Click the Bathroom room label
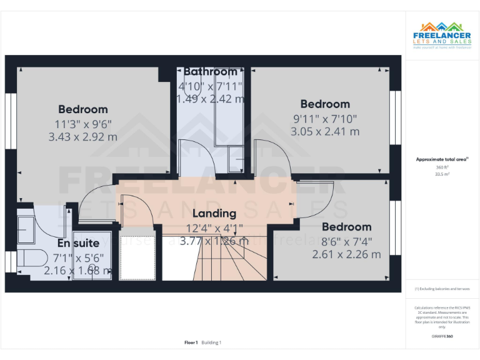pos(210,72)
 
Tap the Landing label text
pos(214,214)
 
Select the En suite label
pos(78,243)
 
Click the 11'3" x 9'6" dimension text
pos(82,123)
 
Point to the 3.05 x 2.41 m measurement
pos(325,131)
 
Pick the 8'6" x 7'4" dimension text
pos(346,241)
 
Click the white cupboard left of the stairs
pos(137,256)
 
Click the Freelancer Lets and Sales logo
pos(442,35)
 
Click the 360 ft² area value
pos(442,167)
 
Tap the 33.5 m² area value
pos(442,174)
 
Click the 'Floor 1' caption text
pos(191,342)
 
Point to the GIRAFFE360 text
pos(442,336)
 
